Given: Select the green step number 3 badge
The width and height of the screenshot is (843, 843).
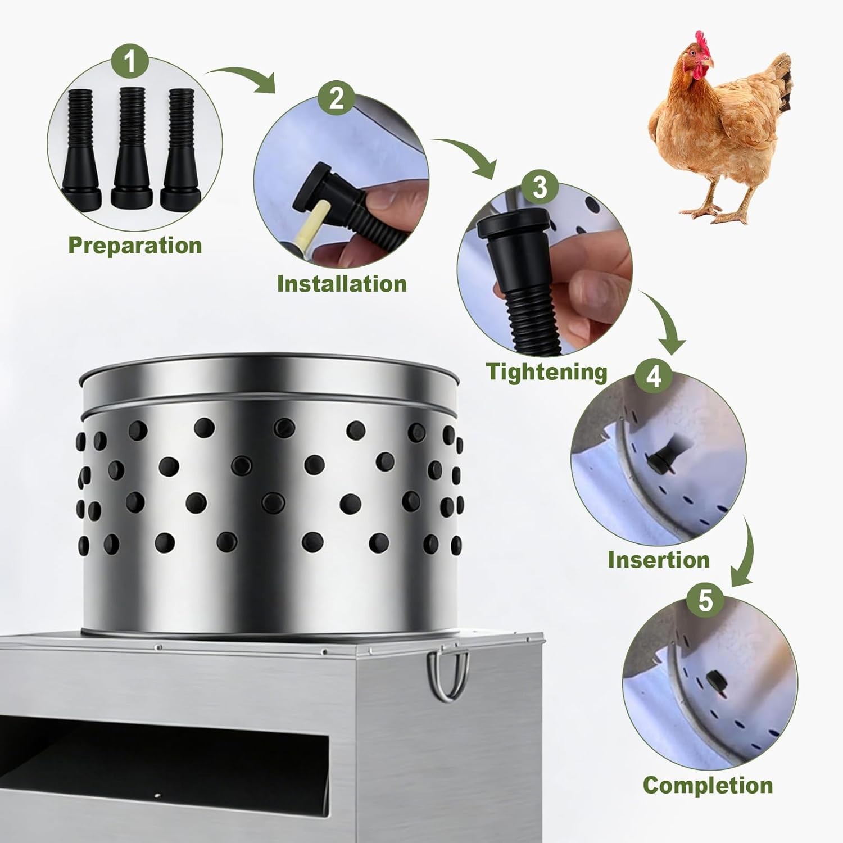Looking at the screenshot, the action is click(540, 187).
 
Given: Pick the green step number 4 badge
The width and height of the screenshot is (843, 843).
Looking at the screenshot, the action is click(654, 376).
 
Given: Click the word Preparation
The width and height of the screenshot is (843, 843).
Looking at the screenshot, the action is click(135, 246).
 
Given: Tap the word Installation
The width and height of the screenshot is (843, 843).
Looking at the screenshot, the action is click(342, 284).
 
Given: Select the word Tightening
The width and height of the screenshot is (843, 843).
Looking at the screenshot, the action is click(547, 372).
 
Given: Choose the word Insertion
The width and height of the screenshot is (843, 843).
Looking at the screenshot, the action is click(659, 560).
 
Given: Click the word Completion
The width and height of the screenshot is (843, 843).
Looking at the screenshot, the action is click(708, 785).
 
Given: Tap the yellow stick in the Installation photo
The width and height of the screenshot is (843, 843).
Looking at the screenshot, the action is click(319, 221).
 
